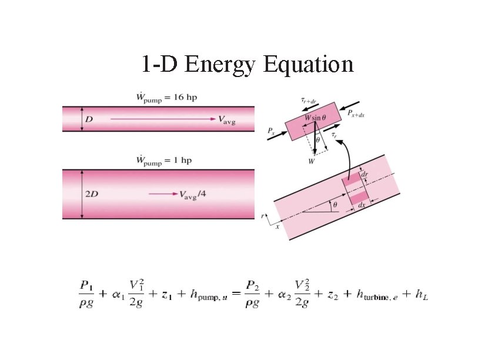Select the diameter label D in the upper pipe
(89, 119)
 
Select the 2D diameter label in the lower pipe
(92, 194)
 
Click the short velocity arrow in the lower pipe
(162, 194)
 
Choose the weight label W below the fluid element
(311, 160)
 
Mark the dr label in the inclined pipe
(365, 175)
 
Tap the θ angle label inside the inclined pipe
(335, 205)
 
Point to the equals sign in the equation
(235, 295)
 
